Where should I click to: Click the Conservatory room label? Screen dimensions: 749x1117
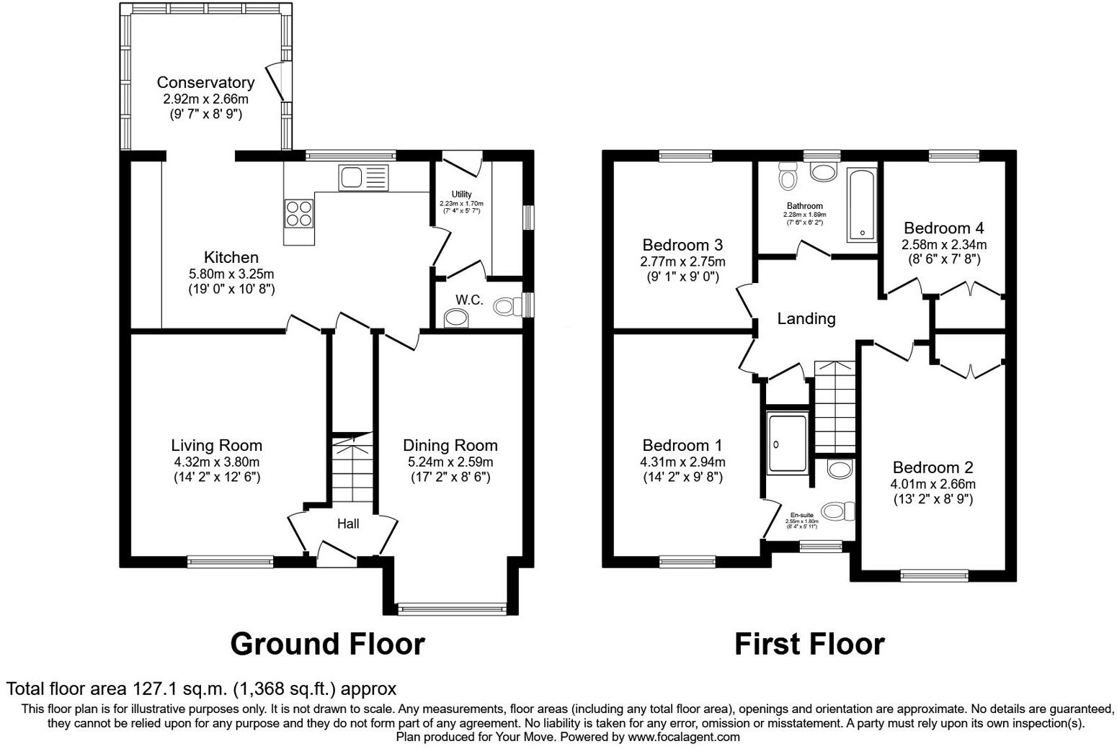[205, 83]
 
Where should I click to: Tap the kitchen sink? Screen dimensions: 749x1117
[363, 176]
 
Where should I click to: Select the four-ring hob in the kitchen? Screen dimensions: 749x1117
[300, 212]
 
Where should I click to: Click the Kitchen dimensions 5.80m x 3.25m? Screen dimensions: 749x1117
[231, 274]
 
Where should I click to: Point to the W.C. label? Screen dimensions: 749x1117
[468, 300]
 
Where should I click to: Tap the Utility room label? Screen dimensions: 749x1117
[461, 194]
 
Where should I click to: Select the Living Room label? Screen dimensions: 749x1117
[216, 445]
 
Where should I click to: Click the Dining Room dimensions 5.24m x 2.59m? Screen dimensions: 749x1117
[450, 462]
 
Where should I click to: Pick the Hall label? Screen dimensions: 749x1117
[348, 524]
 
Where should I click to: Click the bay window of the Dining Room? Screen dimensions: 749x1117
[452, 609]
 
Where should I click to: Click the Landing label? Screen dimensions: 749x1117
[806, 318]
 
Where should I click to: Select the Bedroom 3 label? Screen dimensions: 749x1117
[682, 245]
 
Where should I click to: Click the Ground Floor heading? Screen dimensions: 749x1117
[327, 644]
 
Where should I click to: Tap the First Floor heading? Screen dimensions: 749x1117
[809, 644]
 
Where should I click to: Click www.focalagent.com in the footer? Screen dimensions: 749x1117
[683, 737]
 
